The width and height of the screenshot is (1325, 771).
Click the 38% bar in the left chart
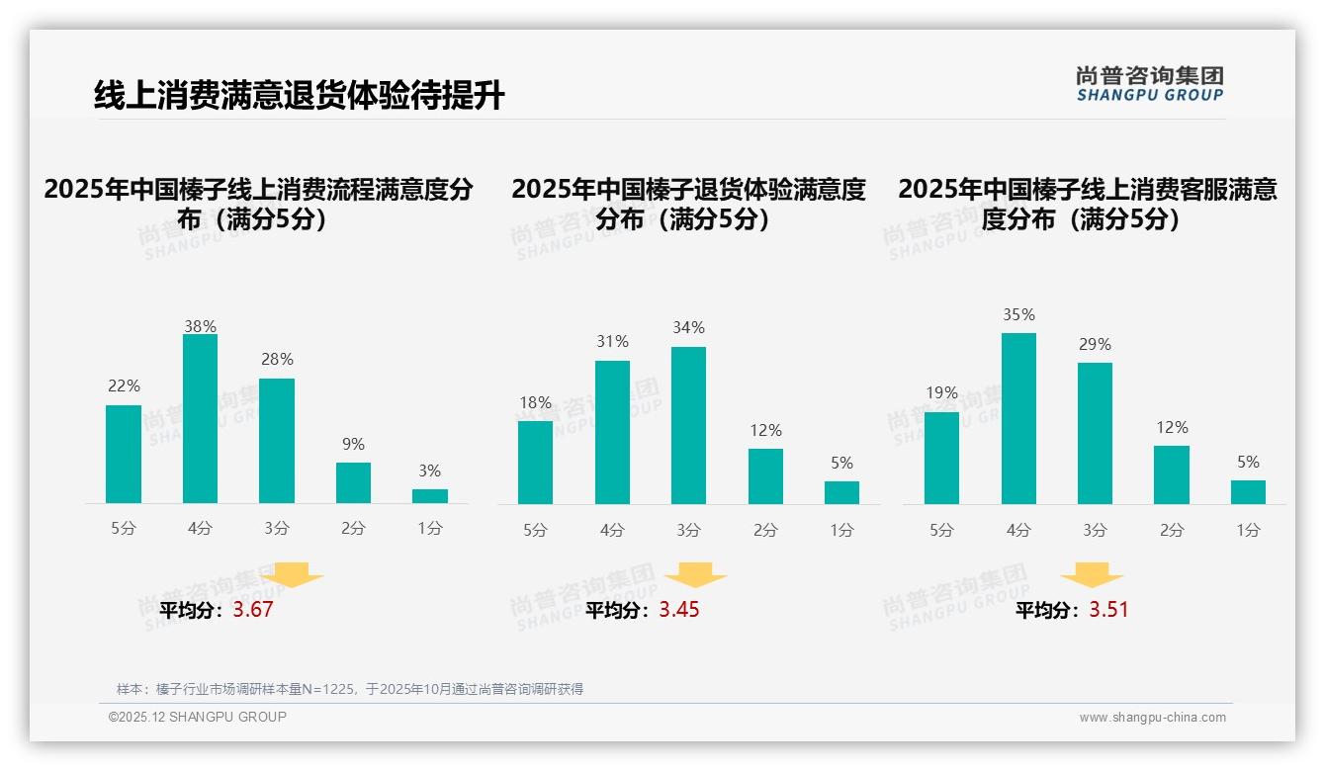pos(200,419)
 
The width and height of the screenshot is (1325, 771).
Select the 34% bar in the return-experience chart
pos(688,425)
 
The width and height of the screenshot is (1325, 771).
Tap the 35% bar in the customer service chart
pos(1018,418)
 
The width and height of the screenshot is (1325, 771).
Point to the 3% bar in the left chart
pos(430,496)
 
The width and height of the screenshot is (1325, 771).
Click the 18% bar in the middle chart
pos(535,463)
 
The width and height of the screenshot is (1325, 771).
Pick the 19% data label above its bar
pos(941,392)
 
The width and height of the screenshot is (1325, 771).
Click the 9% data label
pos(353,445)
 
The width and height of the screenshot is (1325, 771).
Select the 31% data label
pos(612,342)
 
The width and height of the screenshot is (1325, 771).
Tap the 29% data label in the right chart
pos(1095,345)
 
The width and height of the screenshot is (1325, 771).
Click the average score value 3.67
pos(253,610)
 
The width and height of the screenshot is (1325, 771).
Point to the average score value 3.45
pos(679,610)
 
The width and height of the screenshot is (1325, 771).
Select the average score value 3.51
pos(1108,610)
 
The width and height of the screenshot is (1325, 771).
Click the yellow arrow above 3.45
pos(695,575)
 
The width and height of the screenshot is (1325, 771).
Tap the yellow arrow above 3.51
pos(1092,575)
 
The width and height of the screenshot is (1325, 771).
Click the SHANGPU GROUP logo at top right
pos(1149,84)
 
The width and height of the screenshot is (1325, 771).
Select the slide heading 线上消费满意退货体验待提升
pos(299,96)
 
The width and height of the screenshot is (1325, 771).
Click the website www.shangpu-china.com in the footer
pos(1152,718)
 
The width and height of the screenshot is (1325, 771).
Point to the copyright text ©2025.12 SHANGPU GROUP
pos(198,717)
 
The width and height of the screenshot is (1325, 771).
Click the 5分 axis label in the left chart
pos(124,529)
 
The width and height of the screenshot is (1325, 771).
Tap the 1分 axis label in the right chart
pos(1248,531)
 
